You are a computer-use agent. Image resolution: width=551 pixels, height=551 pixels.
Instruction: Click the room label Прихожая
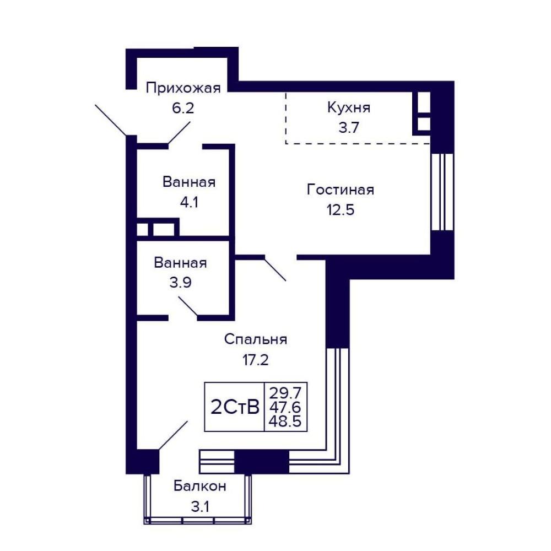click(183, 88)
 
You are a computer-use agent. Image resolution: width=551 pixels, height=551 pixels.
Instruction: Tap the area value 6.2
click(183, 108)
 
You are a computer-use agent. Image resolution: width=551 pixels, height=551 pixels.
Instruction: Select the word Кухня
click(349, 107)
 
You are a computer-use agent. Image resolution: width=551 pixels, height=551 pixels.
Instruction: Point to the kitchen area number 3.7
click(349, 127)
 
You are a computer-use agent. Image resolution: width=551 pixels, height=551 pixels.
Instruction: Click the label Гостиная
click(340, 190)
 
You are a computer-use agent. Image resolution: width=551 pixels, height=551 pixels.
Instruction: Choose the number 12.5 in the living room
click(340, 210)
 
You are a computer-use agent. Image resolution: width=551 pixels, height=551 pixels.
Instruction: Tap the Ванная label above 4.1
click(189, 182)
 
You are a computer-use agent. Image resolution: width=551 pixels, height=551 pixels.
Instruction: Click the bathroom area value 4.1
click(189, 202)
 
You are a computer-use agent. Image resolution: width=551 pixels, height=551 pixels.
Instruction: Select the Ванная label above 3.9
click(180, 262)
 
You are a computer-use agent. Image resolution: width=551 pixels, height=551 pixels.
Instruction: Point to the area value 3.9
click(180, 283)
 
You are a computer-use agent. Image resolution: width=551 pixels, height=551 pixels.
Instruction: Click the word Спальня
click(256, 340)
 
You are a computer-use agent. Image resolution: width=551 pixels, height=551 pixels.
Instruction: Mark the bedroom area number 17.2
click(256, 360)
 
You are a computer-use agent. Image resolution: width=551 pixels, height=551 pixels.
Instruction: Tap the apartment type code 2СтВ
click(235, 407)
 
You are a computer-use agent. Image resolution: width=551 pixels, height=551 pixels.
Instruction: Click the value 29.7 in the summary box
click(285, 392)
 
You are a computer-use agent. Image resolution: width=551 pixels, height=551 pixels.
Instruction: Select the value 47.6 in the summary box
click(285, 407)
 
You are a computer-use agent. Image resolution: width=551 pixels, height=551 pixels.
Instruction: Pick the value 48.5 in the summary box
click(285, 420)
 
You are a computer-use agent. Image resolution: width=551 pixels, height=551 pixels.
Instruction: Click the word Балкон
click(199, 487)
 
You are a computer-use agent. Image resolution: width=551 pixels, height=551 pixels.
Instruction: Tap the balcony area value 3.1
click(199, 507)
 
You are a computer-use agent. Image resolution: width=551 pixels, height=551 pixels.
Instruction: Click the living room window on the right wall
click(442, 192)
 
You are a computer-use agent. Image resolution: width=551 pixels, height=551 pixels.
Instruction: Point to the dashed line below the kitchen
click(358, 143)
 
